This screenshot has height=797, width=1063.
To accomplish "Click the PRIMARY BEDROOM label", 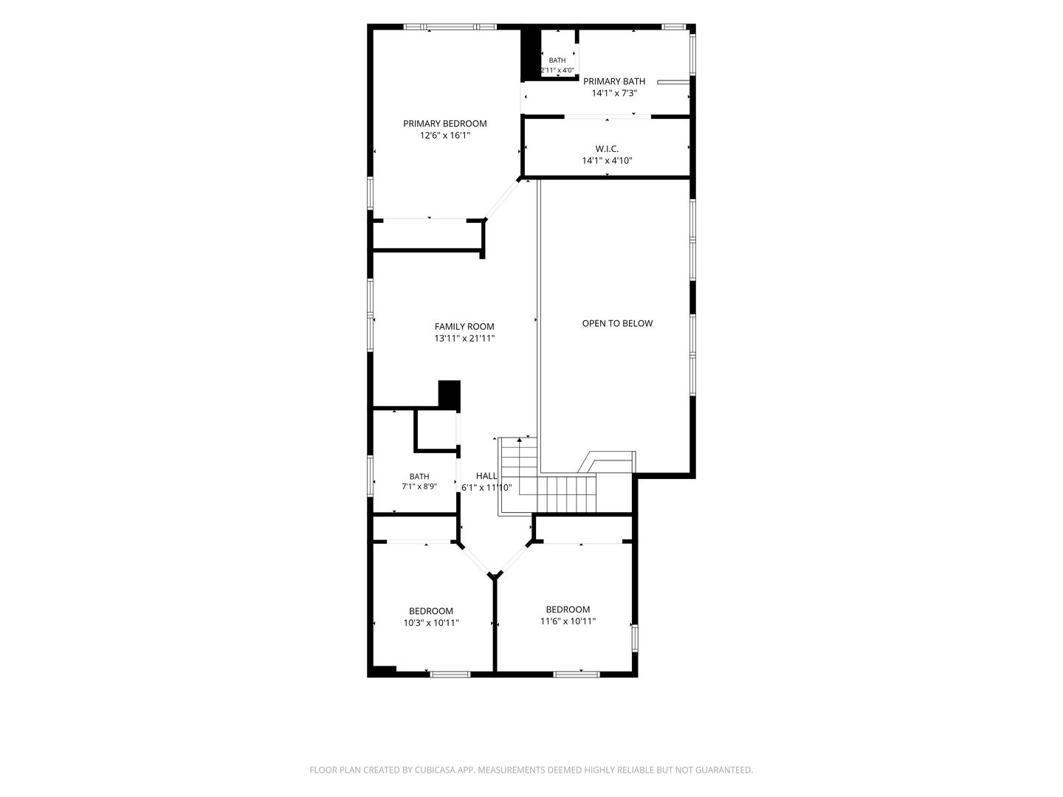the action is [444, 123].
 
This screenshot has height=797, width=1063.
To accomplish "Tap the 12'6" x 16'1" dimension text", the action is [444, 136].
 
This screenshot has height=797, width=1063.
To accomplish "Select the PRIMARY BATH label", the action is [613, 81].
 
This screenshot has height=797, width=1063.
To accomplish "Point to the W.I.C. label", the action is [607, 148].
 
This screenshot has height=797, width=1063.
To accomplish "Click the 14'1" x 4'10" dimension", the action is [607, 161].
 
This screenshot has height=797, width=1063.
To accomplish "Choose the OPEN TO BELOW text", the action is [617, 323].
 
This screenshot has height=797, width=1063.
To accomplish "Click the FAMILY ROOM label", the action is [464, 327].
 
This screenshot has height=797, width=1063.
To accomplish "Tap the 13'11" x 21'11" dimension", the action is [464, 339].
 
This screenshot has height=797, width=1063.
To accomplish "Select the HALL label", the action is [486, 476].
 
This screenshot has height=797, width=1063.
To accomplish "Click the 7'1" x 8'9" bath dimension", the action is [419, 486].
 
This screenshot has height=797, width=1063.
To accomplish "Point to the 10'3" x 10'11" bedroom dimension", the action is [430, 623].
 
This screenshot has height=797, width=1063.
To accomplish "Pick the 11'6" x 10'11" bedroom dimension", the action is [568, 621].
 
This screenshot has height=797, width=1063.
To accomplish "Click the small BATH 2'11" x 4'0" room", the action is [557, 53].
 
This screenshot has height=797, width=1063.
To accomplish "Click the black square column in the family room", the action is [449, 394].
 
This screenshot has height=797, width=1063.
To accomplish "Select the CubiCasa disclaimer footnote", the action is [531, 770].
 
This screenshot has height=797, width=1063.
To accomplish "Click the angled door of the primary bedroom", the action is [502, 199].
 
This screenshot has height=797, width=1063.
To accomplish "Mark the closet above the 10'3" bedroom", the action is [415, 528].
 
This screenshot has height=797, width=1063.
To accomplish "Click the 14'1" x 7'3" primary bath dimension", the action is [613, 94].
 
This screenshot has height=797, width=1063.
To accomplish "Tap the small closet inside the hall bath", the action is [436, 430].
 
